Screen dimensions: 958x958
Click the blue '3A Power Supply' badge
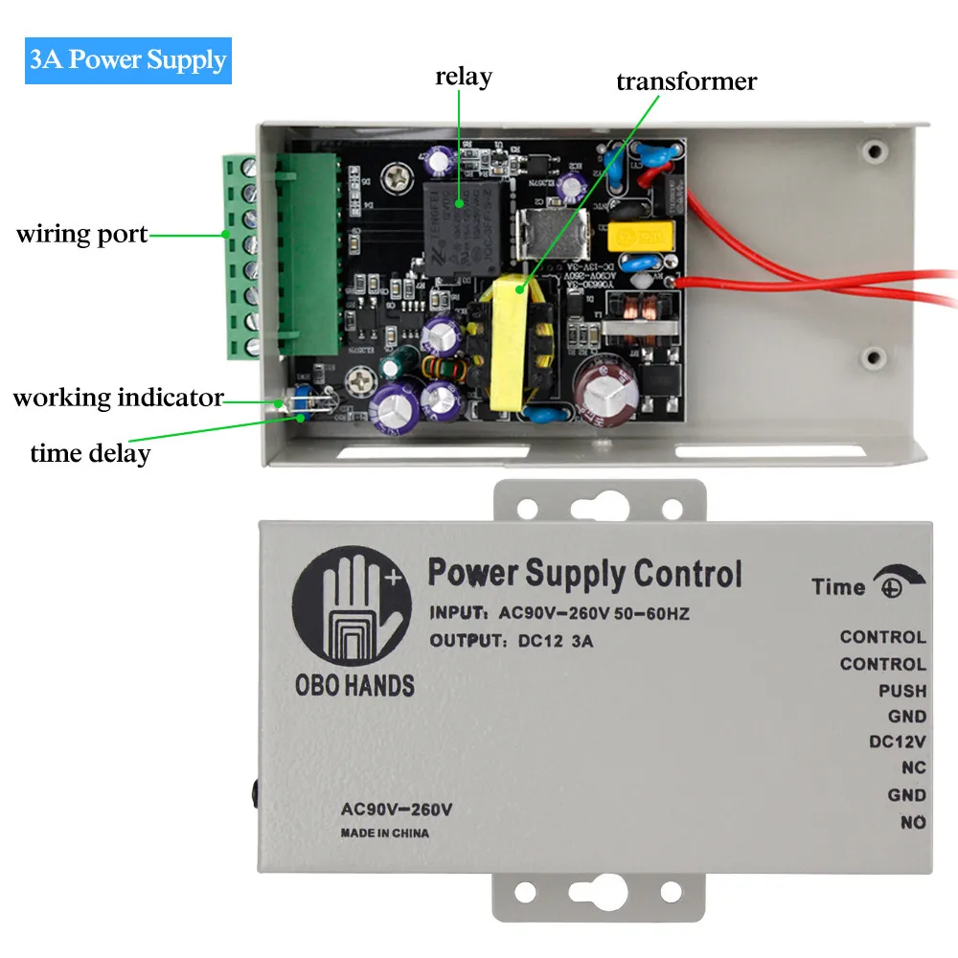coord(127,60)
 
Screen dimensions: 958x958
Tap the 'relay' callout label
coord(463,77)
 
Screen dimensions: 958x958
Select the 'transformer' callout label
coord(686,81)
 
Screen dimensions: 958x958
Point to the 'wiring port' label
coord(82,234)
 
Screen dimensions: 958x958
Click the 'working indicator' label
coord(118,398)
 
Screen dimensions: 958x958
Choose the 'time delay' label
coord(90,452)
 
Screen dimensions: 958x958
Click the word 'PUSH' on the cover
coord(902,691)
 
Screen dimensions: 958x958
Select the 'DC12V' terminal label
coord(897,741)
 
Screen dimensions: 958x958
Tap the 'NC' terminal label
coord(913,768)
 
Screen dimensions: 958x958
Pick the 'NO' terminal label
coord(913,822)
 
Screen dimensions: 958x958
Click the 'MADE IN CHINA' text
coord(385,833)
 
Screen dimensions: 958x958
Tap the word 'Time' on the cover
coord(838,587)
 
